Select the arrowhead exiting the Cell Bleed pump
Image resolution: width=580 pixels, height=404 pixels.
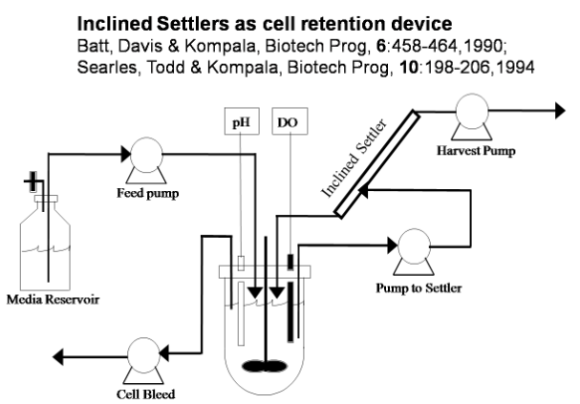[59, 356]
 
